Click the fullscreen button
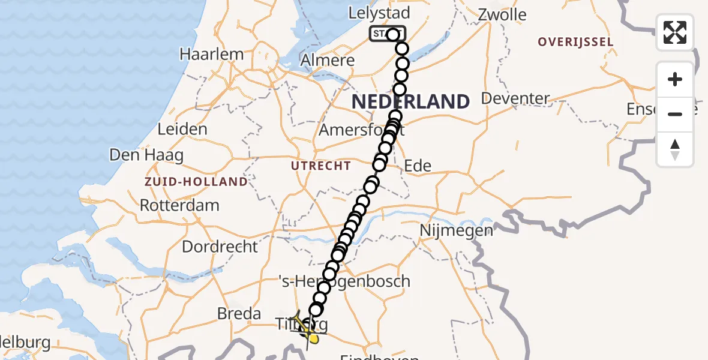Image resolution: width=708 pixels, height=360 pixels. tap(675, 32)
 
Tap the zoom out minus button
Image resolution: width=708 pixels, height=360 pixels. tap(675, 114)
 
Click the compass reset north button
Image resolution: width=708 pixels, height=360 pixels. tap(675, 149)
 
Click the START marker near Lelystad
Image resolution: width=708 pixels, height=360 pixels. tap(383, 34)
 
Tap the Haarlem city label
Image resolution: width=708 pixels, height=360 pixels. tap(212, 54)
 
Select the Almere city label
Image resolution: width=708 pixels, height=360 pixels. tap(327, 61)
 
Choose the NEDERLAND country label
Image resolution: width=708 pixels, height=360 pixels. tap(410, 101)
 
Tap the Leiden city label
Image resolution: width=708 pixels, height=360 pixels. tap(182, 129)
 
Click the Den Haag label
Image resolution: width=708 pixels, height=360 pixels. tap(146, 155)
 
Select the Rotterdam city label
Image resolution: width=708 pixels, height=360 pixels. tap(179, 205)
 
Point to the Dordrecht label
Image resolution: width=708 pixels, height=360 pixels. tap(220, 247)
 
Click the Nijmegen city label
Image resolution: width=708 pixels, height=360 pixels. tap(456, 230)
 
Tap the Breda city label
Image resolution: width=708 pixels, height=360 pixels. tap(239, 313)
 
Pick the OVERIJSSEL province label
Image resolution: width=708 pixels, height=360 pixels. tap(575, 42)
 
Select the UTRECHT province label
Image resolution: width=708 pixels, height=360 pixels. tap(321, 166)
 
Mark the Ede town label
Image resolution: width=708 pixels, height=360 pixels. tap(418, 166)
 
